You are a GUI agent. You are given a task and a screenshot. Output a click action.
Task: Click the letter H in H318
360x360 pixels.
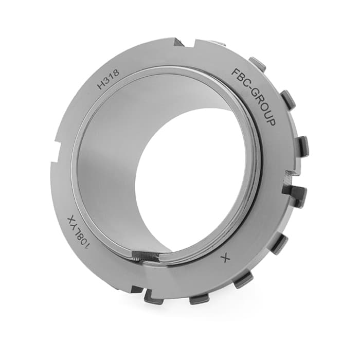pos(101,85)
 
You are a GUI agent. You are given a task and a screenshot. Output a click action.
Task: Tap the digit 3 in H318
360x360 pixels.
pos(107,81)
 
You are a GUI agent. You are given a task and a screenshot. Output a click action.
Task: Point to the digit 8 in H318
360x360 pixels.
pos(116,73)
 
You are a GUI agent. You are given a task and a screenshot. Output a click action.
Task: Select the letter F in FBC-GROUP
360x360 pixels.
pos(236,73)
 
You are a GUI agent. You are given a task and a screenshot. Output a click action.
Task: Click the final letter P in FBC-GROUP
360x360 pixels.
pos(271,123)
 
